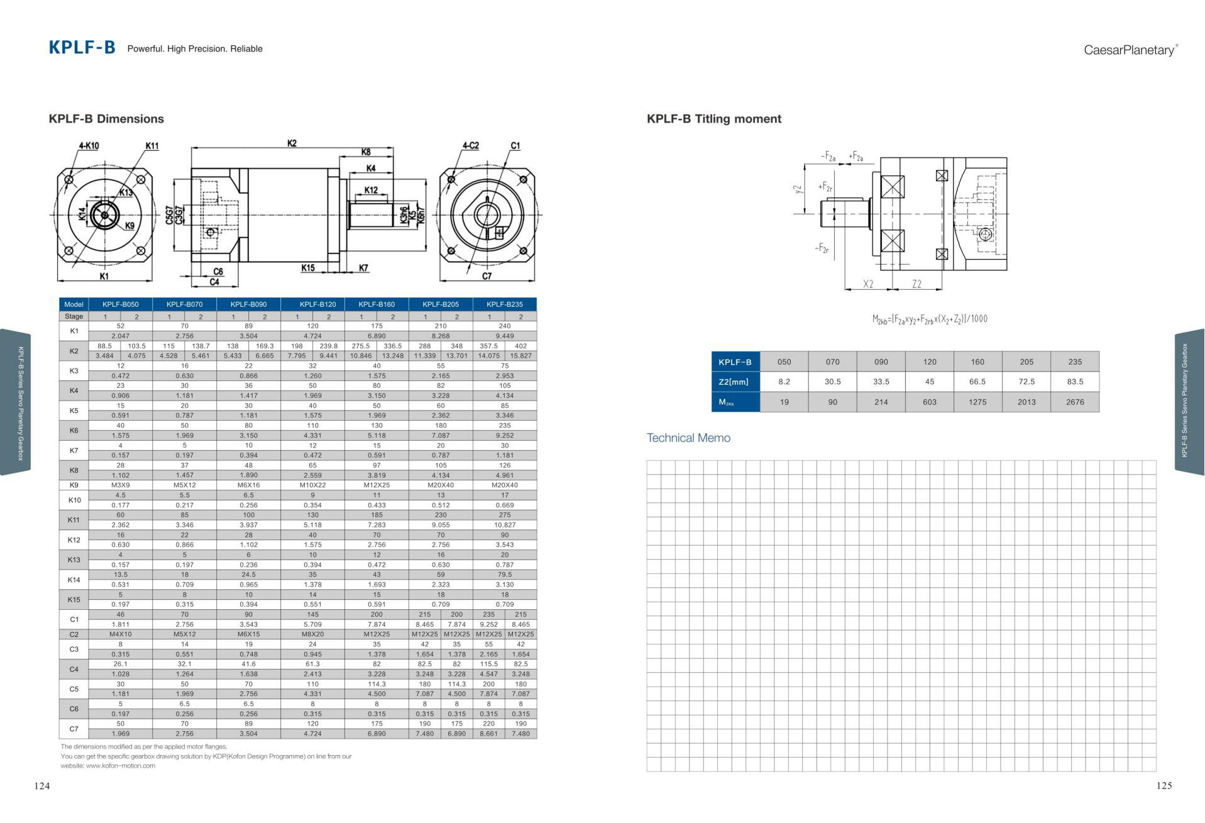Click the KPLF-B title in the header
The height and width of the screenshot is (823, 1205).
coord(82,48)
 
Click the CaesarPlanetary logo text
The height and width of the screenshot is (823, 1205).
coord(1130,50)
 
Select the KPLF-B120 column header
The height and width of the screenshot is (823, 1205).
coord(317,304)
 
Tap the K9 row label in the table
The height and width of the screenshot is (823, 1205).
coord(74,485)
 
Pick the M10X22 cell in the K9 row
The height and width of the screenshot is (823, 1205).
coord(312,485)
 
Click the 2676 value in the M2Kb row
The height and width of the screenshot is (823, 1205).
coord(1074,402)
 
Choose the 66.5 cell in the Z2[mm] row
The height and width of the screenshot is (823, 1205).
coord(977,382)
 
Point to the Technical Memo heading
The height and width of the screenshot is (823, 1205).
coord(688,438)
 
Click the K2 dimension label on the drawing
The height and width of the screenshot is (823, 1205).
coord(292,143)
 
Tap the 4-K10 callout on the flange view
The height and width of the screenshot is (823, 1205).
coord(88,146)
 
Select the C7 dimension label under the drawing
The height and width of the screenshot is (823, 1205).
coord(487,276)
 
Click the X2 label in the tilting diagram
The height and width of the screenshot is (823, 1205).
coord(867,284)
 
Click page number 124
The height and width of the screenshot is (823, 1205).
coord(41,786)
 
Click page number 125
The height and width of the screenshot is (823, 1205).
coord(1164,786)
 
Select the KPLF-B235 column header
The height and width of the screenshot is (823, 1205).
coord(504,304)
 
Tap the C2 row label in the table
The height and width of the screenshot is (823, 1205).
coord(74,634)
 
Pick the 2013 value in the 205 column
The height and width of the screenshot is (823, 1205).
coord(1026,402)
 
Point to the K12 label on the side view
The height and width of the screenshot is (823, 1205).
coord(371,190)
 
